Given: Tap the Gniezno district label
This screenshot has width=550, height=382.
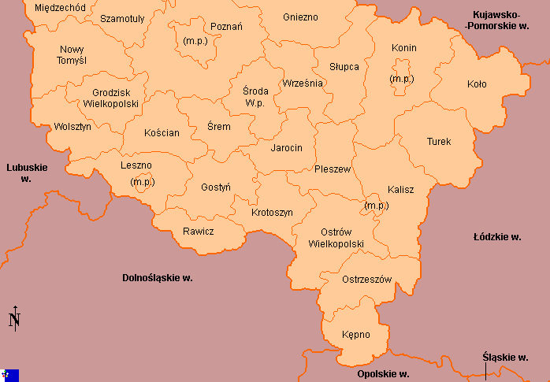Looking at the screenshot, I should click(x=300, y=17).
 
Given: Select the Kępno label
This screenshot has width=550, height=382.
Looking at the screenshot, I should click(x=356, y=335).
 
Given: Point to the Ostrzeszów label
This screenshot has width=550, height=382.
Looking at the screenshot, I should click(x=367, y=280).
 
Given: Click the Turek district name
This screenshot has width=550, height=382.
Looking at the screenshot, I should click(x=439, y=142).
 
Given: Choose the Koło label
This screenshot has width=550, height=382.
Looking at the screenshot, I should click(x=477, y=83).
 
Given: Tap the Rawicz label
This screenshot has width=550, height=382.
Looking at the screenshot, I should click(x=198, y=231).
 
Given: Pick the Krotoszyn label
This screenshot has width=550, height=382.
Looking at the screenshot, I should click(x=272, y=213).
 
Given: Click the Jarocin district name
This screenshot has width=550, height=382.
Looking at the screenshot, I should click(x=286, y=147).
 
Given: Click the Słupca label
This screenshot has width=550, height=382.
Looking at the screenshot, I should click(x=343, y=67).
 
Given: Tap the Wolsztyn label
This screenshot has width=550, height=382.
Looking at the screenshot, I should click(x=72, y=126).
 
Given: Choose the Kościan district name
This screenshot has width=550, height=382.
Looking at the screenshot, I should click(x=162, y=133).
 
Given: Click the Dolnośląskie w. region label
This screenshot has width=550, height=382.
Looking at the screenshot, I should click(x=158, y=278).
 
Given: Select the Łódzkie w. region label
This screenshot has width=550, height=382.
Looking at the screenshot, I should click(x=497, y=236).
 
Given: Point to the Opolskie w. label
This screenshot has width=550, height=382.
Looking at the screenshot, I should click(x=382, y=374).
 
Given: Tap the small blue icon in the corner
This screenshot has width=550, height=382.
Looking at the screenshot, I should click(x=10, y=375).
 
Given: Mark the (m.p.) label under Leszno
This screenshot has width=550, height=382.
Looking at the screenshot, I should click(x=143, y=182).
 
